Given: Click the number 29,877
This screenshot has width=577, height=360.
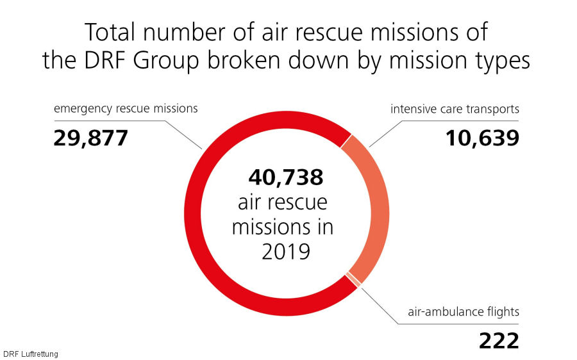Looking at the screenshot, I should pyautogui.click(x=91, y=138).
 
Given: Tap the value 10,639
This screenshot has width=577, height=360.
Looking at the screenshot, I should pyautogui.click(x=482, y=138).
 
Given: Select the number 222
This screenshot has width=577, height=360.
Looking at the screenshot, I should pyautogui.click(x=498, y=341).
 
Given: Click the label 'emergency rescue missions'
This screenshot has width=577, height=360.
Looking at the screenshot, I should pyautogui.click(x=126, y=109).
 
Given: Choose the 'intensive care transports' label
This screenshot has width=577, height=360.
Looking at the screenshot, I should pyautogui.click(x=455, y=109).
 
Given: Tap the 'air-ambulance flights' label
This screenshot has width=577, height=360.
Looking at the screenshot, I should pyautogui.click(x=464, y=313).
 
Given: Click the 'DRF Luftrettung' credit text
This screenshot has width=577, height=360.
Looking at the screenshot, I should pyautogui.click(x=30, y=354).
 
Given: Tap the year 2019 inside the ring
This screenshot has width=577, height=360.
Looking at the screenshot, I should pyautogui.click(x=286, y=251).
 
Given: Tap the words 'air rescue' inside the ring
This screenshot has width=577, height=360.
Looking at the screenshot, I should pyautogui.click(x=282, y=202).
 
